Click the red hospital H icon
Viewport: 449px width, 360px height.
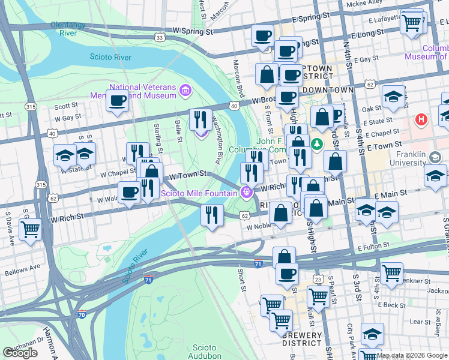click(x=421, y=119)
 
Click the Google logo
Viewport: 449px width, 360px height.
click(x=20, y=353)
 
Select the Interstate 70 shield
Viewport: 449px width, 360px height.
click(x=82, y=314)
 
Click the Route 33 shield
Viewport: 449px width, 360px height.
click(x=159, y=37)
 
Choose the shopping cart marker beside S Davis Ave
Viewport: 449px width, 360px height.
click(x=31, y=229)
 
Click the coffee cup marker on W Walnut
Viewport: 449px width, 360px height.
click(x=129, y=193)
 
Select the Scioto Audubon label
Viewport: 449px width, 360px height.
click(x=208, y=352)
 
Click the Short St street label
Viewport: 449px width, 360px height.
click(x=241, y=278)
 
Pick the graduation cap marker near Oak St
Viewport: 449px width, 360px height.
click(x=393, y=96)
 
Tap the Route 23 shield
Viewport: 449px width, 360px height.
click(x=318, y=279)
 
